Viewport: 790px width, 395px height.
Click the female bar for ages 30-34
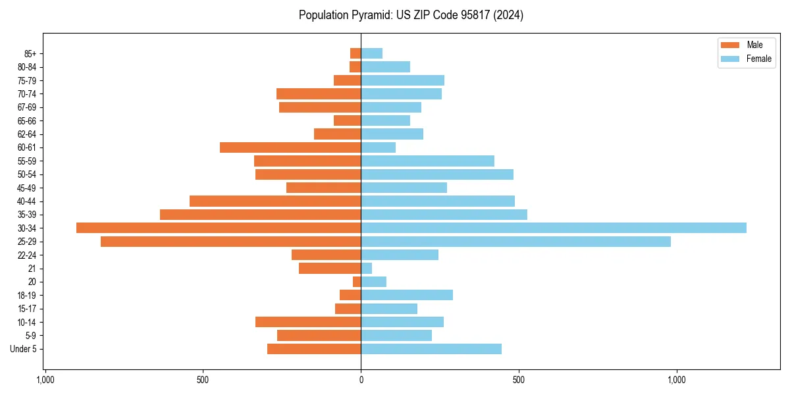pos(553,228)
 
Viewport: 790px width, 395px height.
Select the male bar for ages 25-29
pos(230,242)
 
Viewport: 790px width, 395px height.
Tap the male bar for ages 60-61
pos(290,147)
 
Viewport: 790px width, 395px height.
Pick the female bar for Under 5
pos(431,349)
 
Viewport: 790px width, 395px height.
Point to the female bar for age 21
pos(367,269)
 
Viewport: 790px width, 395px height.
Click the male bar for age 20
pos(357,282)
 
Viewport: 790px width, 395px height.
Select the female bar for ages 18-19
pos(407,295)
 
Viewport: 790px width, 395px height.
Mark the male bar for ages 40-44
pos(275,201)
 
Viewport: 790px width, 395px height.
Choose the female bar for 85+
pos(371,53)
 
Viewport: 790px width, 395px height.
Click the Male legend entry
pos(745,45)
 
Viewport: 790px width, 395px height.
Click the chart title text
pos(411,15)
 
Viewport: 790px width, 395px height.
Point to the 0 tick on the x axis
pos(361,380)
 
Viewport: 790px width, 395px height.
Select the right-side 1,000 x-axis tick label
pos(677,380)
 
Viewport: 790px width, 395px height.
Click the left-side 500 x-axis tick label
pos(203,380)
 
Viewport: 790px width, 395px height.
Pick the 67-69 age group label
pos(26,107)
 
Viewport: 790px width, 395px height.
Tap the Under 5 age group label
pos(24,349)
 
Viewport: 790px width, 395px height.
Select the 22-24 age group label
pos(26,255)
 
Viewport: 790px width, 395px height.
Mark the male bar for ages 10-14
pos(308,322)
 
